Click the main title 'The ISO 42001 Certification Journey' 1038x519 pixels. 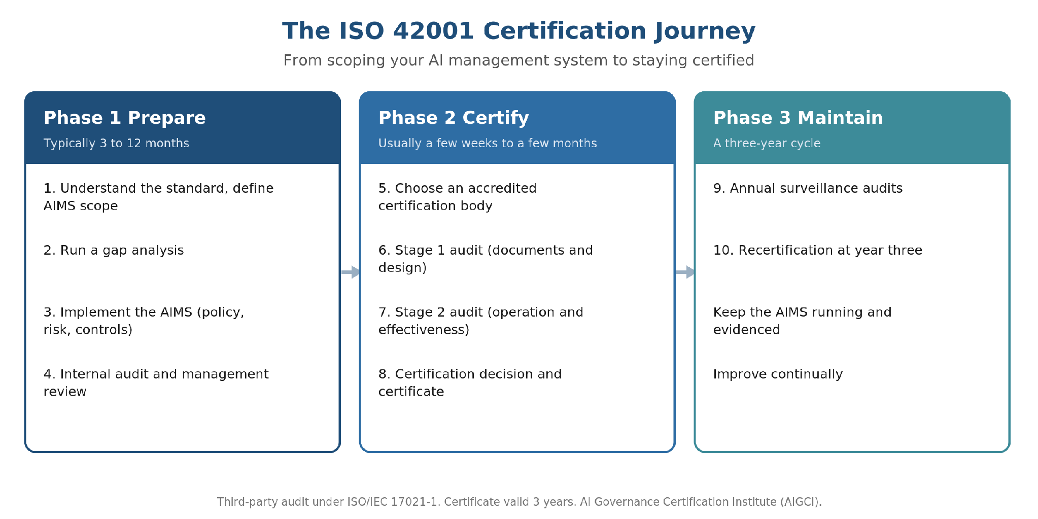pos(518,31)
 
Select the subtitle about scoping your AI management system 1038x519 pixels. pos(518,60)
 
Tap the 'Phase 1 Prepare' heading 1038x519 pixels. pos(125,118)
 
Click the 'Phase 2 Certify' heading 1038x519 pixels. pos(454,118)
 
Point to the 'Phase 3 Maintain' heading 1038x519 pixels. pos(798,118)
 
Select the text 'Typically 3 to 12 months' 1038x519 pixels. pos(116,143)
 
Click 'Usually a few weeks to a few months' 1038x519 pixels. pos(488,143)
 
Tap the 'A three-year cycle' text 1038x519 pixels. pos(767,143)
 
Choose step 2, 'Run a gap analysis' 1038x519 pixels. pos(114,251)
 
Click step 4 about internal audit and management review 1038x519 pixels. pos(156,383)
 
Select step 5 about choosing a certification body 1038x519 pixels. pos(458,197)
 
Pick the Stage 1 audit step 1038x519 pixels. pos(486,259)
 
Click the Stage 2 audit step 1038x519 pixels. pos(481,321)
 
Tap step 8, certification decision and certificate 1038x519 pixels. pos(470,383)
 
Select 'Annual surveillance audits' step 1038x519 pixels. pos(808,188)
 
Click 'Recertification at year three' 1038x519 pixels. pos(818,251)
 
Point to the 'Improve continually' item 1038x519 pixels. pos(778,374)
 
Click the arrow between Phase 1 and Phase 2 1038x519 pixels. pos(351,272)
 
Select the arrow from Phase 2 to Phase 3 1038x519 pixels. pos(685,272)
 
